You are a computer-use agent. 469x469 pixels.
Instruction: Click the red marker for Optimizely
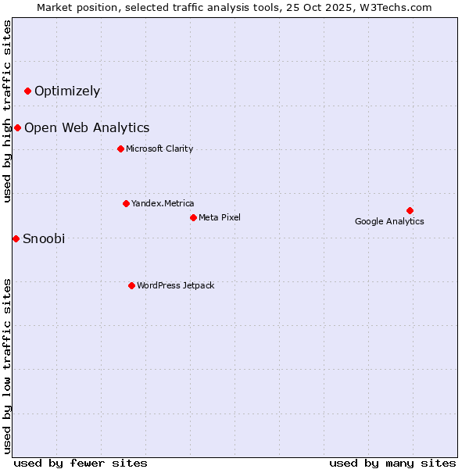point(27,91)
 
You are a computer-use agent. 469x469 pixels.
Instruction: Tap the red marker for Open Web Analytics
point(17,128)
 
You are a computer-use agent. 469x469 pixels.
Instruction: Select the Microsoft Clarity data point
point(120,149)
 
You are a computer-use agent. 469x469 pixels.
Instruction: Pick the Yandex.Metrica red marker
point(126,204)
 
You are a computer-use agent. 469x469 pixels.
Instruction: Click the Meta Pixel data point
point(193,217)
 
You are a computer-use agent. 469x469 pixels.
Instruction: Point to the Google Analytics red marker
point(410,210)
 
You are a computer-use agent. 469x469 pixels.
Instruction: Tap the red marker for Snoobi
point(16,238)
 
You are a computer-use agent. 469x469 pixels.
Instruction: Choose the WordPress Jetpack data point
point(131,285)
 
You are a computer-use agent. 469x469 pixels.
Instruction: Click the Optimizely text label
point(67,91)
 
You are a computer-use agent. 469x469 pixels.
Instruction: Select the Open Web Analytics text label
point(87,128)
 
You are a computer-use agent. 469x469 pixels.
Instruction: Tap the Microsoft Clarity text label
point(159,149)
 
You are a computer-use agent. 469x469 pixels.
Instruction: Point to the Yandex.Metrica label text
point(163,204)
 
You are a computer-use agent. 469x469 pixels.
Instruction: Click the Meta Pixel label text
point(220,217)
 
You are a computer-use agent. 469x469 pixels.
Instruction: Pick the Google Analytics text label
point(389,222)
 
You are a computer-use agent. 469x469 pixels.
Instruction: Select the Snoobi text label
point(44,239)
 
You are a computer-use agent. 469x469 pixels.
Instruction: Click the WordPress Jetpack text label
point(175,286)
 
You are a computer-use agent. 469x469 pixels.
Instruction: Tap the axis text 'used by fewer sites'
point(81,464)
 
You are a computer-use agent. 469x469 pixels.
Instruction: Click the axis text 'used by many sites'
point(392,464)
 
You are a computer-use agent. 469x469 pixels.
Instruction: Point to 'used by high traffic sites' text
point(8,111)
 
